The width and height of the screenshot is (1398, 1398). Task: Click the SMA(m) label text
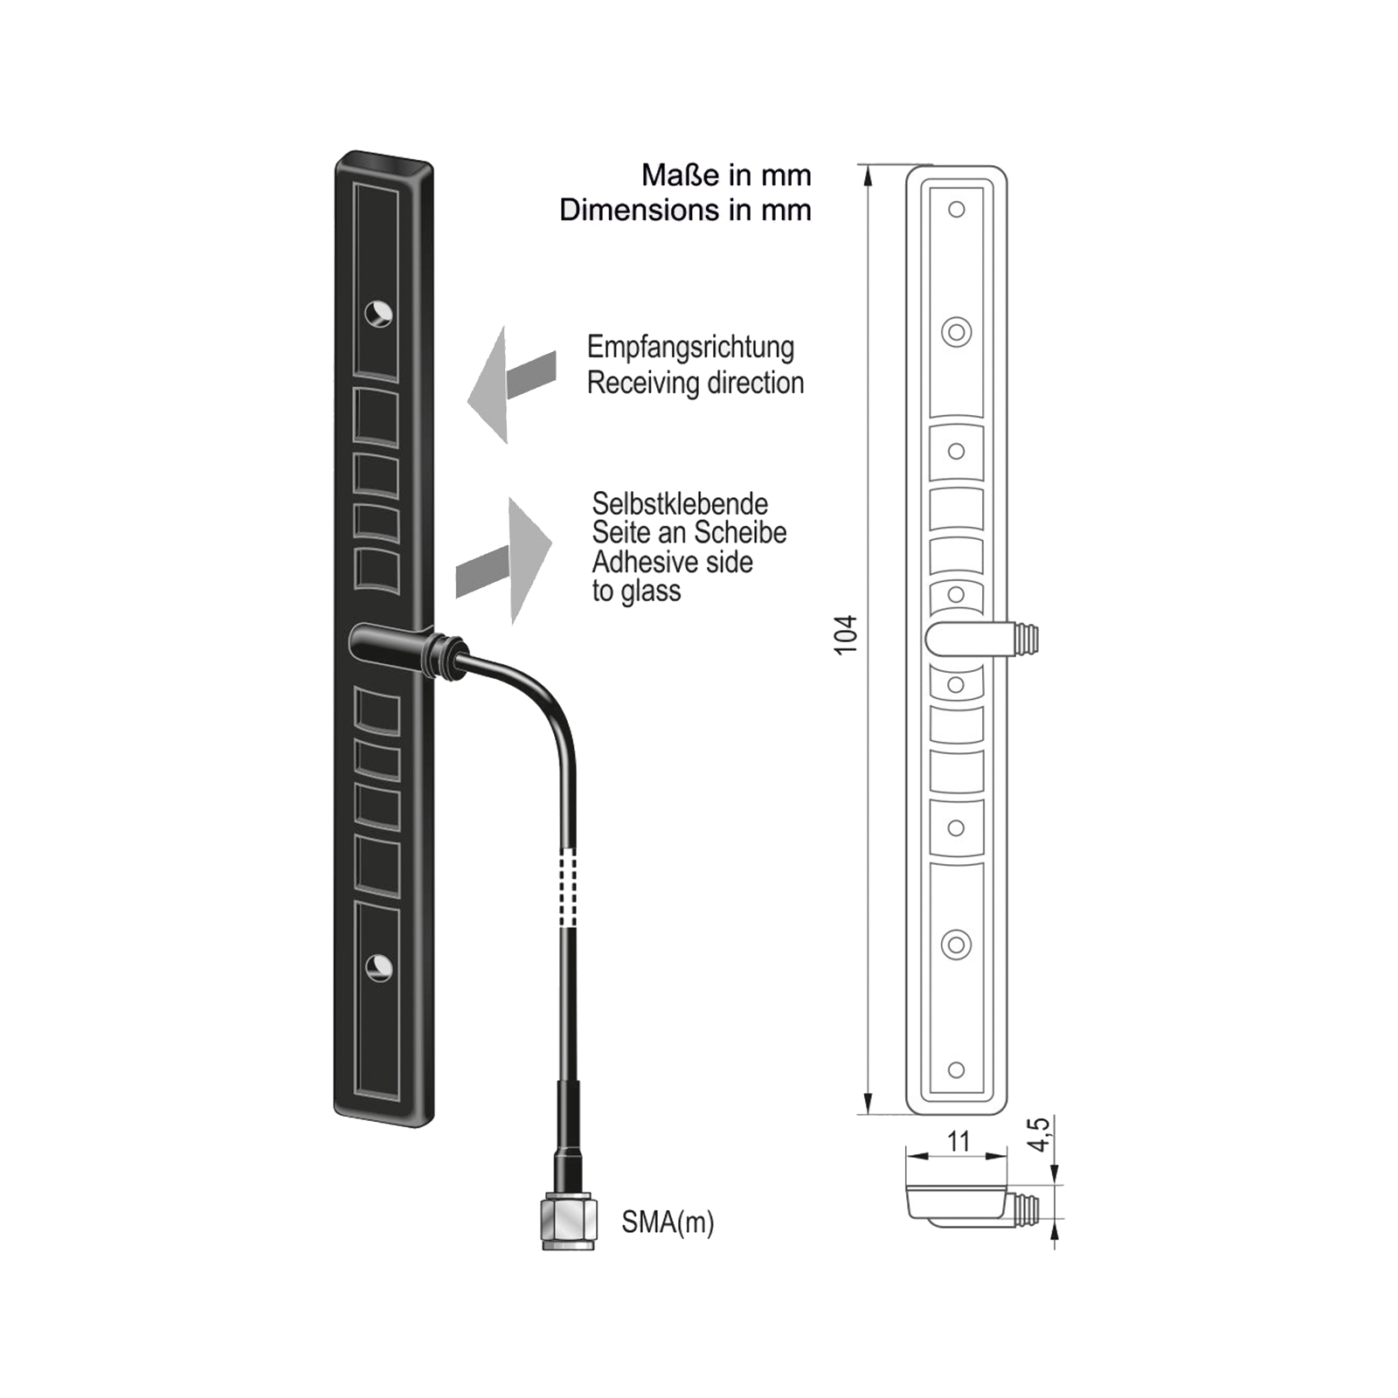[668, 1222]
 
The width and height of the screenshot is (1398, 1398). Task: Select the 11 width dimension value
[959, 1141]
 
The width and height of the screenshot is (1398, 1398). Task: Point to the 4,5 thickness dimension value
[1038, 1134]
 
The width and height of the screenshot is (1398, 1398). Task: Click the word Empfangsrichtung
[690, 347]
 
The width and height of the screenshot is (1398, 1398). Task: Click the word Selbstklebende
[680, 503]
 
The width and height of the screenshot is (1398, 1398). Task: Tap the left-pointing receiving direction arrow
[510, 385]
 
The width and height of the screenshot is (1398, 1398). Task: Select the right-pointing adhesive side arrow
[507, 561]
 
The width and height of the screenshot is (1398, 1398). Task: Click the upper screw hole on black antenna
[378, 313]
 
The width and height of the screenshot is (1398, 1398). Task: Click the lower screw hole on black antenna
[378, 966]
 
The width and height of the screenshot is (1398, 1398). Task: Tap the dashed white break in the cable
[569, 888]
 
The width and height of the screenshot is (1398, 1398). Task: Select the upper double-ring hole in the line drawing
[957, 332]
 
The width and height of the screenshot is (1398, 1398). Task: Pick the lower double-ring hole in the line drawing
[956, 945]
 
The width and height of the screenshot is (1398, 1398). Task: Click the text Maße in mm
[726, 176]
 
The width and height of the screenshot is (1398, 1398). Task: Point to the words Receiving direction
[695, 383]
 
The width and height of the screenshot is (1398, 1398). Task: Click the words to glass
[636, 592]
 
